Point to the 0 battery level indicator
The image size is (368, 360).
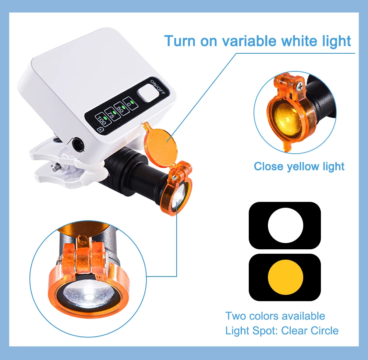click(131, 103)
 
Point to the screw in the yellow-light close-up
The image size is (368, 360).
click(300, 87)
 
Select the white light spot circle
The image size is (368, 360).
click(286, 225)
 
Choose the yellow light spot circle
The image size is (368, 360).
click(286, 277)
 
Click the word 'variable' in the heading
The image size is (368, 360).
click(249, 41)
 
